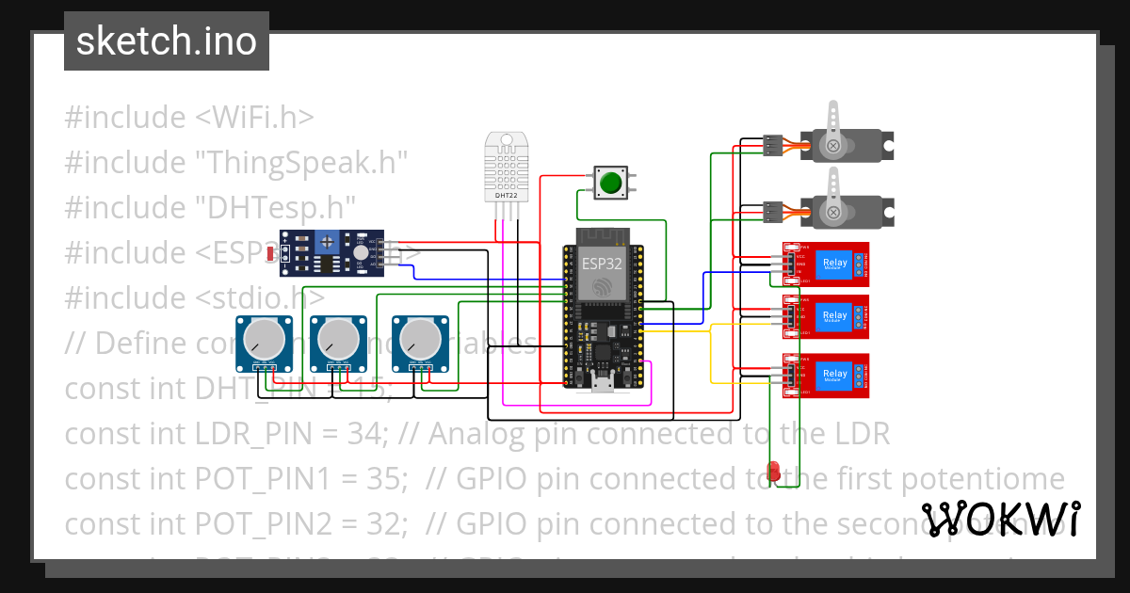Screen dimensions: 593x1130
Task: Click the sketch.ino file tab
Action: [166, 41]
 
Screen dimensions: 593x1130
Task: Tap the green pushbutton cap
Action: [611, 183]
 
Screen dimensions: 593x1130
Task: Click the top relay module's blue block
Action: [834, 264]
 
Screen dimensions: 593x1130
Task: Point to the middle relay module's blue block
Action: [834, 316]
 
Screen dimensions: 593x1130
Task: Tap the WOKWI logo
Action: [1000, 519]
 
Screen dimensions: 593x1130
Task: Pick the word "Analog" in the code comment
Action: [476, 434]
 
